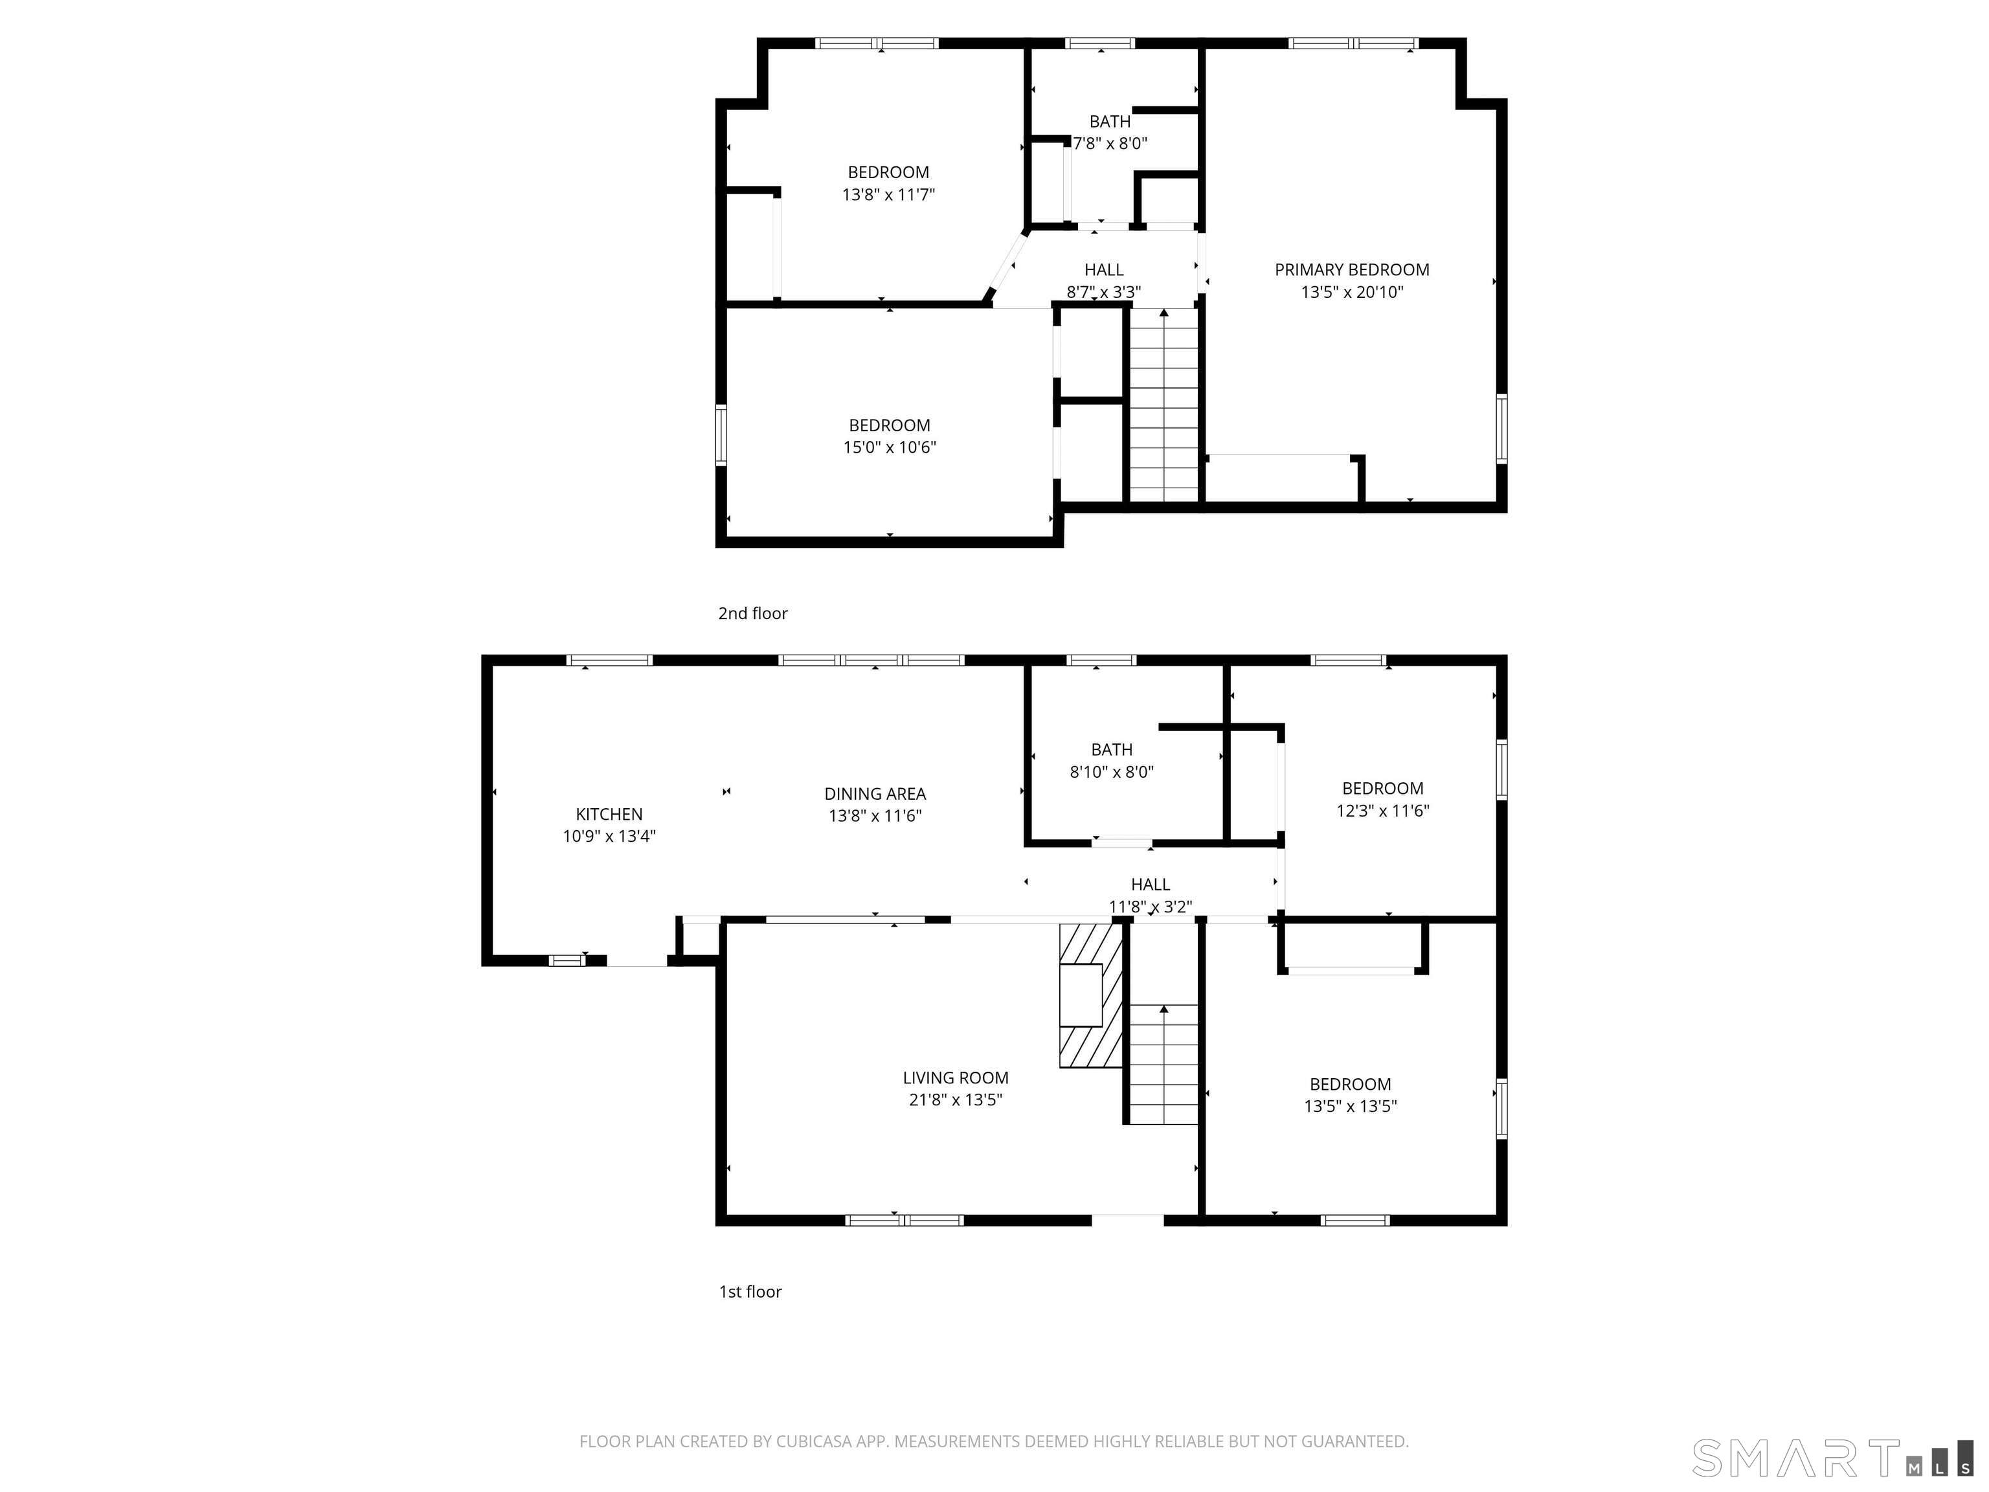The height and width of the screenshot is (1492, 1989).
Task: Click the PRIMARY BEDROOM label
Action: click(1351, 270)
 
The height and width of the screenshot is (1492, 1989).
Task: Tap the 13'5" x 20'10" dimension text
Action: click(1351, 292)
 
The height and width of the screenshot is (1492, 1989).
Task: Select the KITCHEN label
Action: click(609, 814)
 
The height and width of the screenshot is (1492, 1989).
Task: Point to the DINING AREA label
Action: click(875, 793)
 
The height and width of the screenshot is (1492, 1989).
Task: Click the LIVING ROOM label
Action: click(955, 1078)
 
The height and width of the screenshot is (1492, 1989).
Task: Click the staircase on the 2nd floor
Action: click(1163, 405)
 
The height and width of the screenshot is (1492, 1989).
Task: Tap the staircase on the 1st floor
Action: click(1163, 1066)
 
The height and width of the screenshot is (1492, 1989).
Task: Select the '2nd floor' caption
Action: click(752, 613)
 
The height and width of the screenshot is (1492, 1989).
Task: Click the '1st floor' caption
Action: click(750, 1291)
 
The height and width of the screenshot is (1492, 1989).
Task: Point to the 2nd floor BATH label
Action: click(1110, 121)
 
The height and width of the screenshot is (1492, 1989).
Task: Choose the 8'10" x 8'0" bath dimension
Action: click(1112, 772)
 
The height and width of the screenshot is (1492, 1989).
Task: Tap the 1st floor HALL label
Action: click(1150, 884)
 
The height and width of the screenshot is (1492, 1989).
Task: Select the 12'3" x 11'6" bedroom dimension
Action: click(1382, 810)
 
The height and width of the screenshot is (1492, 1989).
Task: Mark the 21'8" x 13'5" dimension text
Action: click(955, 1100)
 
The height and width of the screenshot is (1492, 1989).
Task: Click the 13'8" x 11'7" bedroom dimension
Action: click(888, 194)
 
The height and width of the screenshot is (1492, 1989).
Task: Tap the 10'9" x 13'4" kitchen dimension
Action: click(609, 837)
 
